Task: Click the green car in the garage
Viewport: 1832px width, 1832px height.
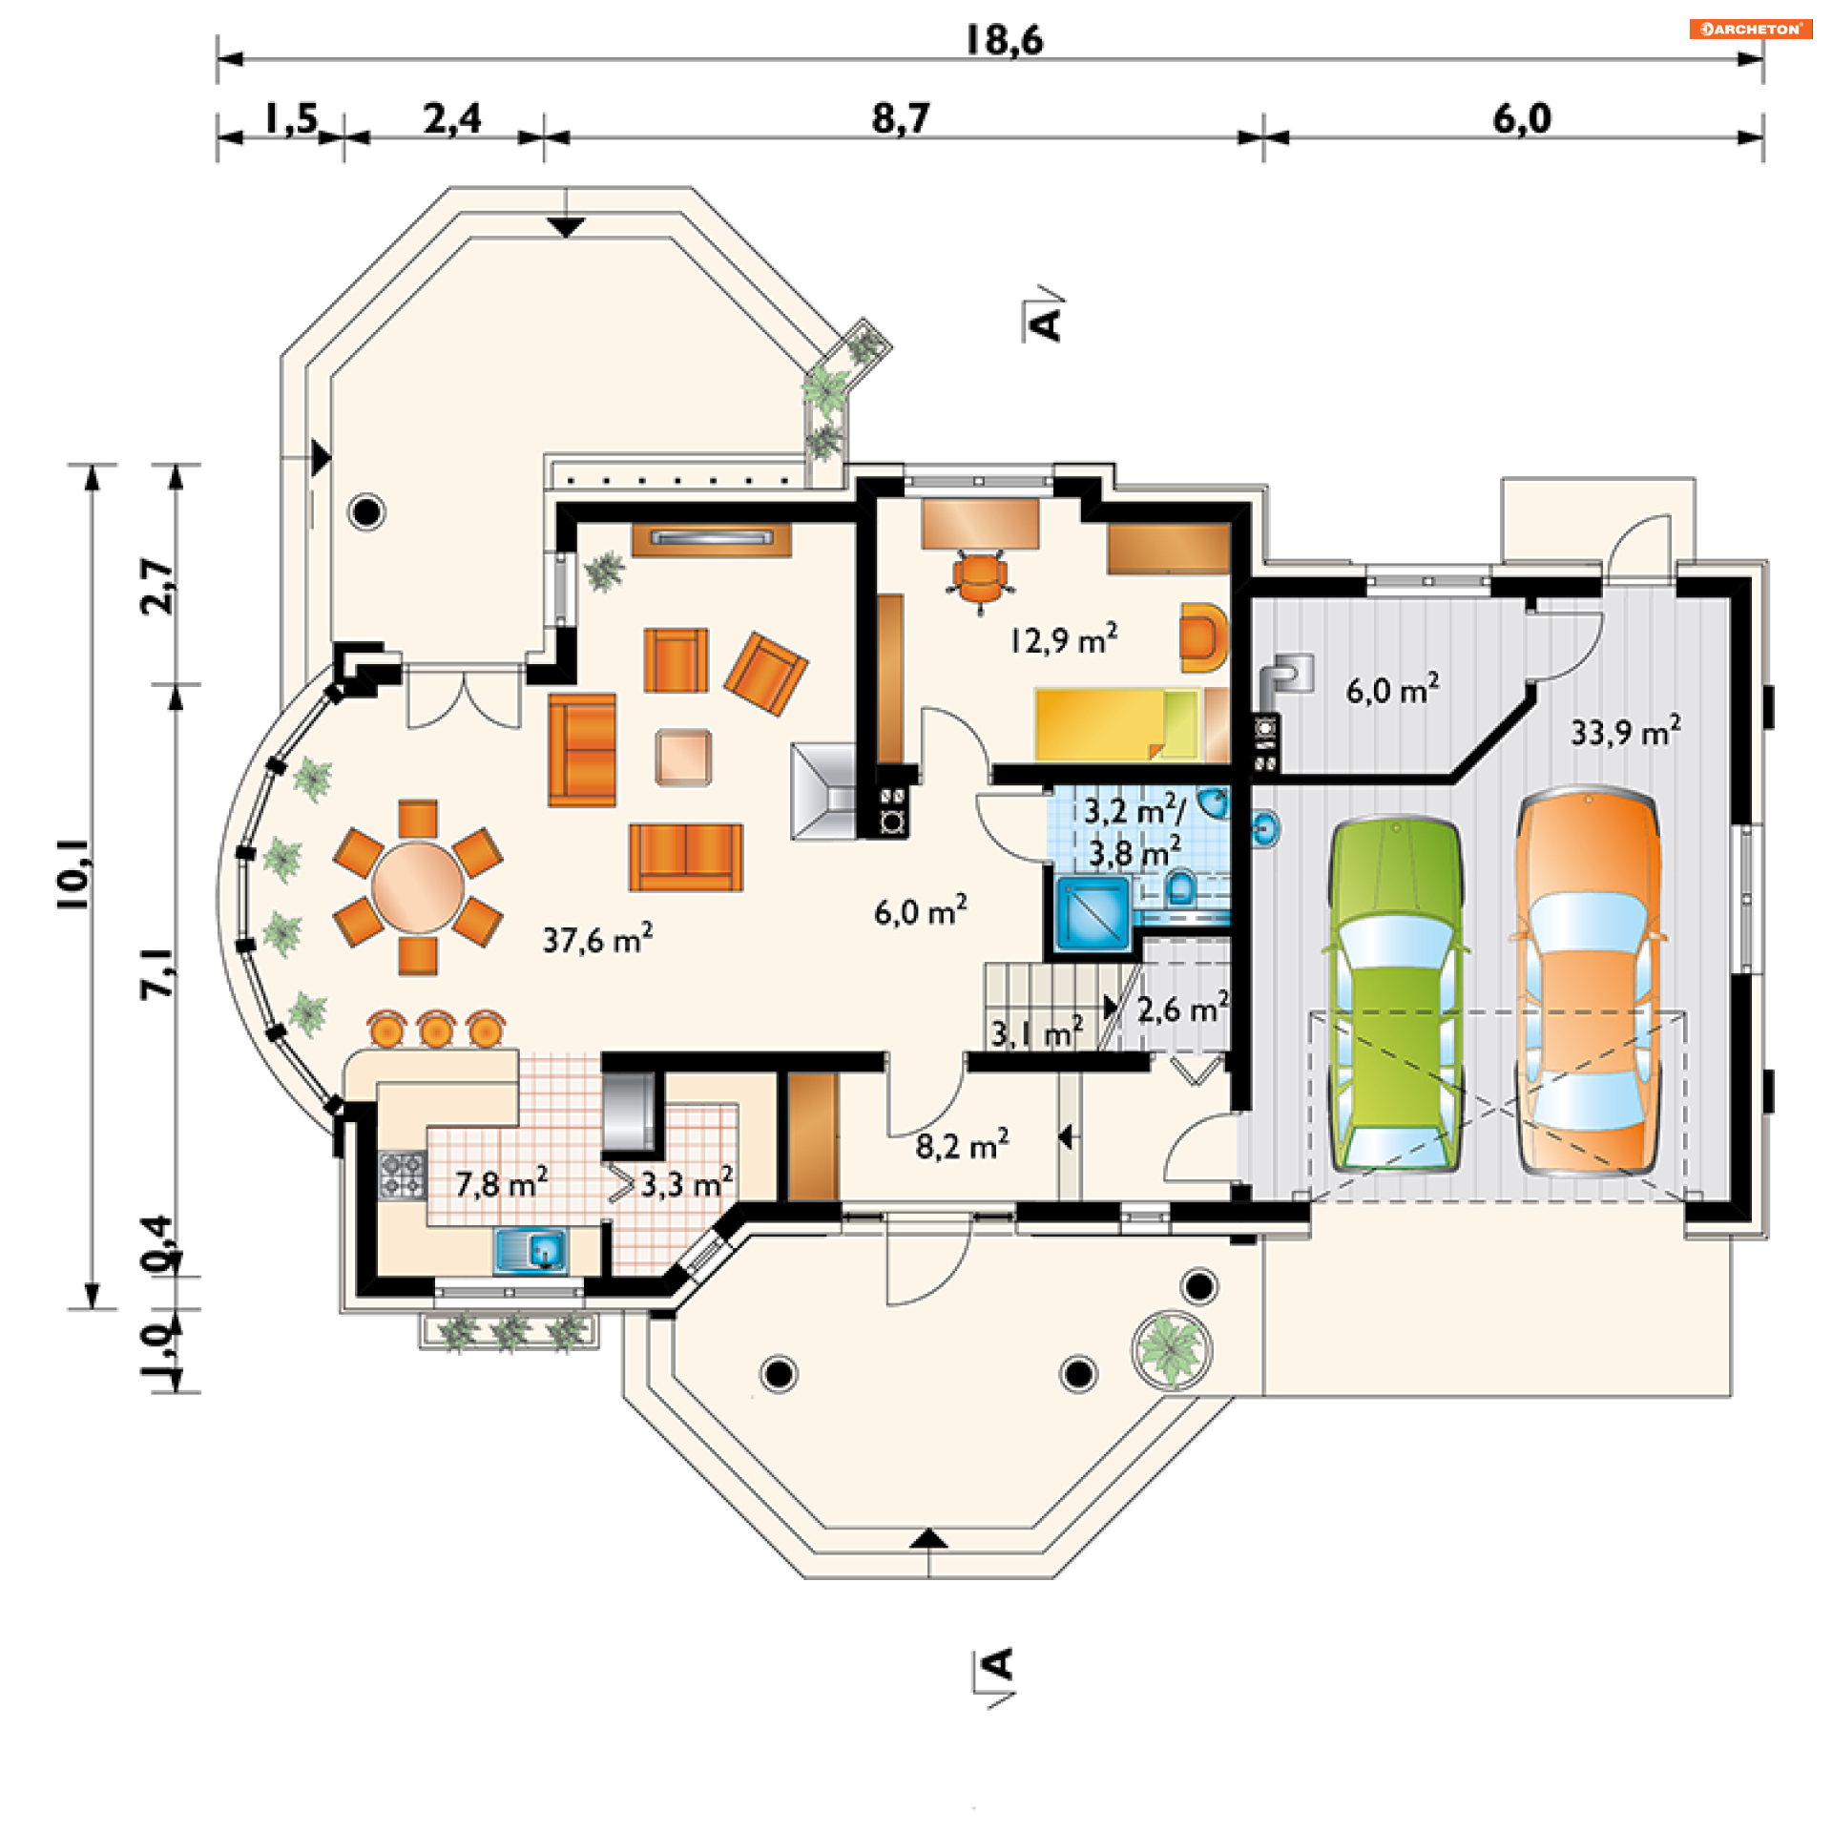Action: (1395, 993)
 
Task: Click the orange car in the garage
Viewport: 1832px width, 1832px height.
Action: (1588, 980)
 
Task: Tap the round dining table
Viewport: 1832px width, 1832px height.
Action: (418, 886)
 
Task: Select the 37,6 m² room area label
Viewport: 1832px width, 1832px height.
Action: (598, 939)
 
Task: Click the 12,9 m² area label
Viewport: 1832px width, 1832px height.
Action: (1064, 638)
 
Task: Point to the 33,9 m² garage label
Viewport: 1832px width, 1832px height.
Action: (1626, 731)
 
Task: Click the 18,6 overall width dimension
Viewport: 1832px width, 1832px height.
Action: (1004, 40)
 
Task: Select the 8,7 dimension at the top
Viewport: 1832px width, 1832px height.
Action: (900, 118)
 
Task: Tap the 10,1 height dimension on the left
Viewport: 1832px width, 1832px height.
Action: (74, 874)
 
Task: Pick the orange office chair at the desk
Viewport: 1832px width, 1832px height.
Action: (980, 578)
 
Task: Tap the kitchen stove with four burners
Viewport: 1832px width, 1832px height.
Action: (402, 1175)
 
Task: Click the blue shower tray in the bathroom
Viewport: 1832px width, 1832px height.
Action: (1093, 912)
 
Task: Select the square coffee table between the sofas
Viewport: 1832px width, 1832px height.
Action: (683, 758)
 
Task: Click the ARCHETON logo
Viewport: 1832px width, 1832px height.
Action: (1751, 29)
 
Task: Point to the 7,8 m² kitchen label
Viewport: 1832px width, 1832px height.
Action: (502, 1183)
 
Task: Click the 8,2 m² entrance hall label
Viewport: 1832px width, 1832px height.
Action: (963, 1144)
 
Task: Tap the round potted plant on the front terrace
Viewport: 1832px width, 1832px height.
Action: (1173, 1348)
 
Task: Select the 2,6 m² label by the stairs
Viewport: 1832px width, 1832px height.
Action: (1183, 1009)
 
